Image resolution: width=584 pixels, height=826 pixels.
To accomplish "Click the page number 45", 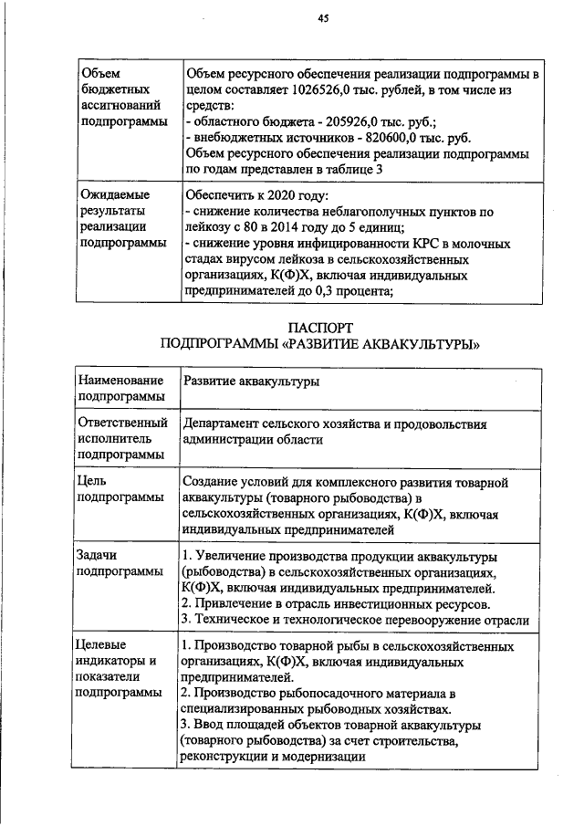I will coord(323,18).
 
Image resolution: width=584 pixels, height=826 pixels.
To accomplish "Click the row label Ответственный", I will coord(123,423).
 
